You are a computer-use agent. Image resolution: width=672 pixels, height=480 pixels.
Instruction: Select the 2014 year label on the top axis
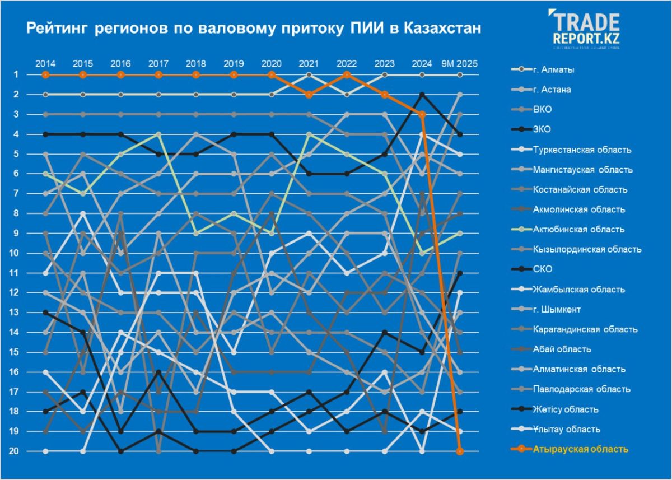[45, 63]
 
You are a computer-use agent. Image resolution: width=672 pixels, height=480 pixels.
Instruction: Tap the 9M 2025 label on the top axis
[460, 63]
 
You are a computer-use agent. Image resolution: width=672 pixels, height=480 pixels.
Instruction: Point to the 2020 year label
[272, 63]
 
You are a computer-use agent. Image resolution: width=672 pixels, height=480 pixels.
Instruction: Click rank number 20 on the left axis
[17, 451]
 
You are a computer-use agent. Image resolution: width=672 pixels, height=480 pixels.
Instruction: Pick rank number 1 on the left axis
[17, 74]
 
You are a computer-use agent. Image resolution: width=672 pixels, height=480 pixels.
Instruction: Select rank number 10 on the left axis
[17, 253]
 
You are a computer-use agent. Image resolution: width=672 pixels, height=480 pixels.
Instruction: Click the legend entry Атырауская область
[580, 449]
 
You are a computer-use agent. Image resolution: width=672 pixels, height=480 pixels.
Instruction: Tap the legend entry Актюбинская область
[578, 230]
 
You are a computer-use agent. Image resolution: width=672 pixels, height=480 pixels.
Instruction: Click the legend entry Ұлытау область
[566, 429]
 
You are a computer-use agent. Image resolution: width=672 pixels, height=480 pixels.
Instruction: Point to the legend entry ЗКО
[542, 129]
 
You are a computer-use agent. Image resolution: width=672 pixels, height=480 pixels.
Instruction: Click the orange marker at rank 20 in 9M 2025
[460, 451]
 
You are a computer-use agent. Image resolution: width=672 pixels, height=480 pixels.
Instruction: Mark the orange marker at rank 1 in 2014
[45, 74]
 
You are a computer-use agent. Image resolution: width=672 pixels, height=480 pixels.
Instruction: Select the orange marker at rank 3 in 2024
[422, 114]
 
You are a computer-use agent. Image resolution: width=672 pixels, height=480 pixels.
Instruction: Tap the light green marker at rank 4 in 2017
[158, 134]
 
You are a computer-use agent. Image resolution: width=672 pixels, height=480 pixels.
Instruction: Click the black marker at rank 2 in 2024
[422, 95]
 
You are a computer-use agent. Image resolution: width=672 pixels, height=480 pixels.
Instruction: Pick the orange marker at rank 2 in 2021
[309, 95]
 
